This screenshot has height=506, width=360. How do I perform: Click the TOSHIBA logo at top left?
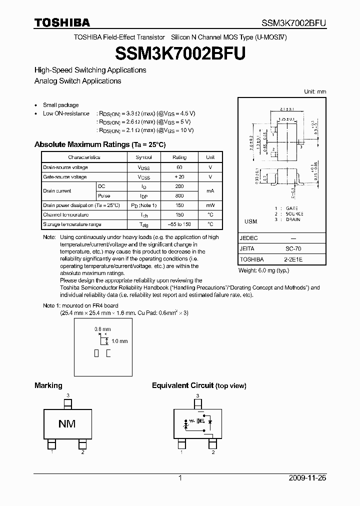(62, 22)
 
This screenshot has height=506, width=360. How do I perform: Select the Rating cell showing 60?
(179, 167)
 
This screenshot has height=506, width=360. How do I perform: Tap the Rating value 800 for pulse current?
(179, 196)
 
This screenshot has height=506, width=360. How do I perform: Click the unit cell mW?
(210, 205)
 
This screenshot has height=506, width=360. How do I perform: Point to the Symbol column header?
(143, 157)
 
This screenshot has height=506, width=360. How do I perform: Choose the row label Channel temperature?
(66, 215)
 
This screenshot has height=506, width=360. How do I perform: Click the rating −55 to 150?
(179, 224)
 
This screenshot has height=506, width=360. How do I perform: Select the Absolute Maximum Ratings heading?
(99, 144)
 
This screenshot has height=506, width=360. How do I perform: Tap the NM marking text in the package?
(67, 424)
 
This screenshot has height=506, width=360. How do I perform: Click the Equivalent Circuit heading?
(199, 385)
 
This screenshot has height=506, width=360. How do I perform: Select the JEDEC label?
(249, 238)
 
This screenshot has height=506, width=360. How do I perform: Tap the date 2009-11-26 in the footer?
(307, 478)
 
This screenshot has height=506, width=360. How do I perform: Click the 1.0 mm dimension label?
(120, 341)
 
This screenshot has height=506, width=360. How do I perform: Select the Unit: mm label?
(315, 92)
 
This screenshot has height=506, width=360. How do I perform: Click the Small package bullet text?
(60, 105)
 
